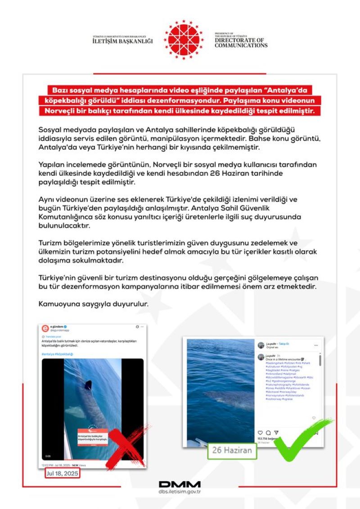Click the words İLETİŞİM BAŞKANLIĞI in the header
click(x=123, y=41)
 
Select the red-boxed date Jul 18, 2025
click(x=63, y=473)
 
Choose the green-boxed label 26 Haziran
click(x=232, y=450)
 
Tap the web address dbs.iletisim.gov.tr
click(x=180, y=492)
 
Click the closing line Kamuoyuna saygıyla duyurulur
click(x=93, y=304)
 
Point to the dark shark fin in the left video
click(x=88, y=385)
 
